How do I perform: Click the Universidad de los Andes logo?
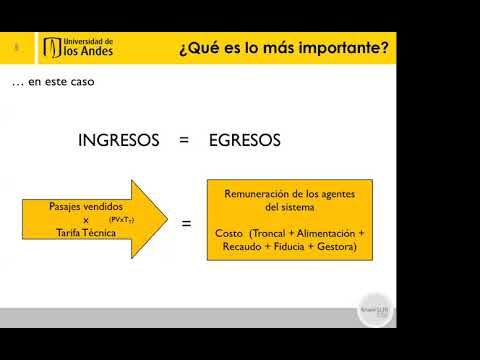(x=79, y=47)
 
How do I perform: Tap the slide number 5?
(x=16, y=47)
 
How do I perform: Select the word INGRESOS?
(x=119, y=141)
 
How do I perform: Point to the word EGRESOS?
(x=244, y=141)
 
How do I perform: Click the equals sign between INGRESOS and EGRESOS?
(x=183, y=141)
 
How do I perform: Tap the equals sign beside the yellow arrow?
(x=186, y=223)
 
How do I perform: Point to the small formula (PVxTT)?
(x=122, y=219)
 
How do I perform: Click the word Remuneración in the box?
(x=258, y=194)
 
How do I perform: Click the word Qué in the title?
(x=200, y=46)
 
